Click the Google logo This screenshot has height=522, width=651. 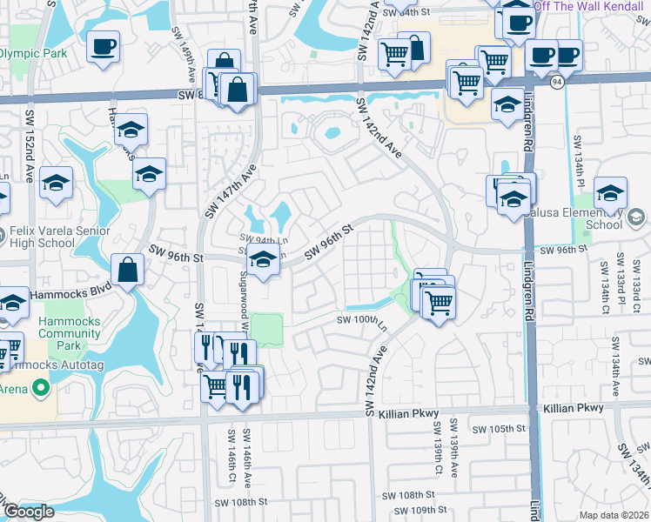[29, 512]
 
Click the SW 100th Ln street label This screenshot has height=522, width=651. [362, 320]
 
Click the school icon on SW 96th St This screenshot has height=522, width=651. [262, 258]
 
